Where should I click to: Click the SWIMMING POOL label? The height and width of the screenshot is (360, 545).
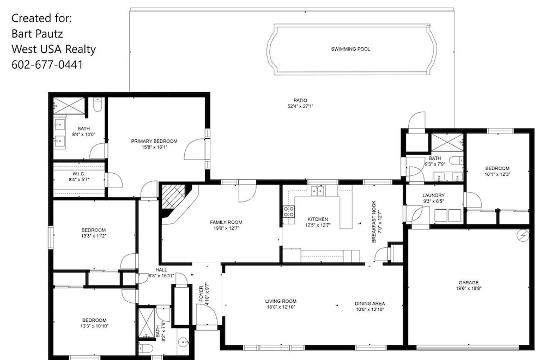pyautogui.click(x=350, y=49)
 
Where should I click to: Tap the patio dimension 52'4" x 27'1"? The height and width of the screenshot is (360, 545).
pyautogui.click(x=300, y=106)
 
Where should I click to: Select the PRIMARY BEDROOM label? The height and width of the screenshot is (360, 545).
pyautogui.click(x=154, y=141)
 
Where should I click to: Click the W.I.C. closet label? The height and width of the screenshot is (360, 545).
pyautogui.click(x=79, y=174)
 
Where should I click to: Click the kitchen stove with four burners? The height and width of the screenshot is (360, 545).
pyautogui.click(x=289, y=212)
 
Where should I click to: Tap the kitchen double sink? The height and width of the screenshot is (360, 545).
pyautogui.click(x=318, y=191)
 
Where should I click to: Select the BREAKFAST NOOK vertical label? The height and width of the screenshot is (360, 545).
pyautogui.click(x=374, y=222)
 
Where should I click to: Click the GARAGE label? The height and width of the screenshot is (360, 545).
pyautogui.click(x=469, y=283)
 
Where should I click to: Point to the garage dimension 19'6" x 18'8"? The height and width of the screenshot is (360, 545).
pyautogui.click(x=469, y=288)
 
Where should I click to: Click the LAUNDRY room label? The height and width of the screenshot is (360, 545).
pyautogui.click(x=433, y=196)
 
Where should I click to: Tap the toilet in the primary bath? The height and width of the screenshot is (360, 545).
pyautogui.click(x=98, y=105)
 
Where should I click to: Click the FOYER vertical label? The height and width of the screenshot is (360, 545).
pyautogui.click(x=201, y=294)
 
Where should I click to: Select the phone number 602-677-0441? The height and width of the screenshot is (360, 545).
pyautogui.click(x=47, y=65)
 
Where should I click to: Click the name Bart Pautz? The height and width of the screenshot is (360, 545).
pyautogui.click(x=37, y=34)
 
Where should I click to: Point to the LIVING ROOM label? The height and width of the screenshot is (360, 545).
pyautogui.click(x=281, y=301)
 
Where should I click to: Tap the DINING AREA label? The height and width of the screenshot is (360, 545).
pyautogui.click(x=370, y=303)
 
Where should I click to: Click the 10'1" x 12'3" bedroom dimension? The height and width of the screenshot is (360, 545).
pyautogui.click(x=498, y=174)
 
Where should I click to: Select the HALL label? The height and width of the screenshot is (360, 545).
pyautogui.click(x=161, y=270)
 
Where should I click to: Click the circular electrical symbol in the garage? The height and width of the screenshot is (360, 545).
pyautogui.click(x=523, y=236)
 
